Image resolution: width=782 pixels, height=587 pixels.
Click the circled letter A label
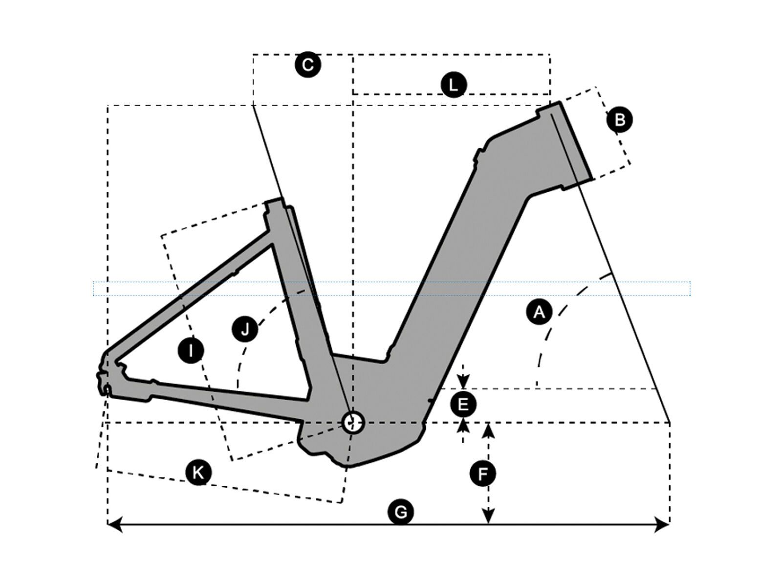539,312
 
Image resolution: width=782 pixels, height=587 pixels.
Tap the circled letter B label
619,120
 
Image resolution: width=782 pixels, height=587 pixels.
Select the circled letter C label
308,65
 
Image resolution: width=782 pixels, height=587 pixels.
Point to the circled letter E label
463,405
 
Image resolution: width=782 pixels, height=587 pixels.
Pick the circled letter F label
482,474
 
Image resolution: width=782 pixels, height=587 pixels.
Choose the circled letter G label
400,512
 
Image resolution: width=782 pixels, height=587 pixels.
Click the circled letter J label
245,329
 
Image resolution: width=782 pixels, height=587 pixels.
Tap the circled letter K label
198,473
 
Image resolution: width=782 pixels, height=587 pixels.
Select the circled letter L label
454,85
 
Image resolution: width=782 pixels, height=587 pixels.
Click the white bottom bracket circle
352,422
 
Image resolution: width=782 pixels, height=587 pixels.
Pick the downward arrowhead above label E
463,382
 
